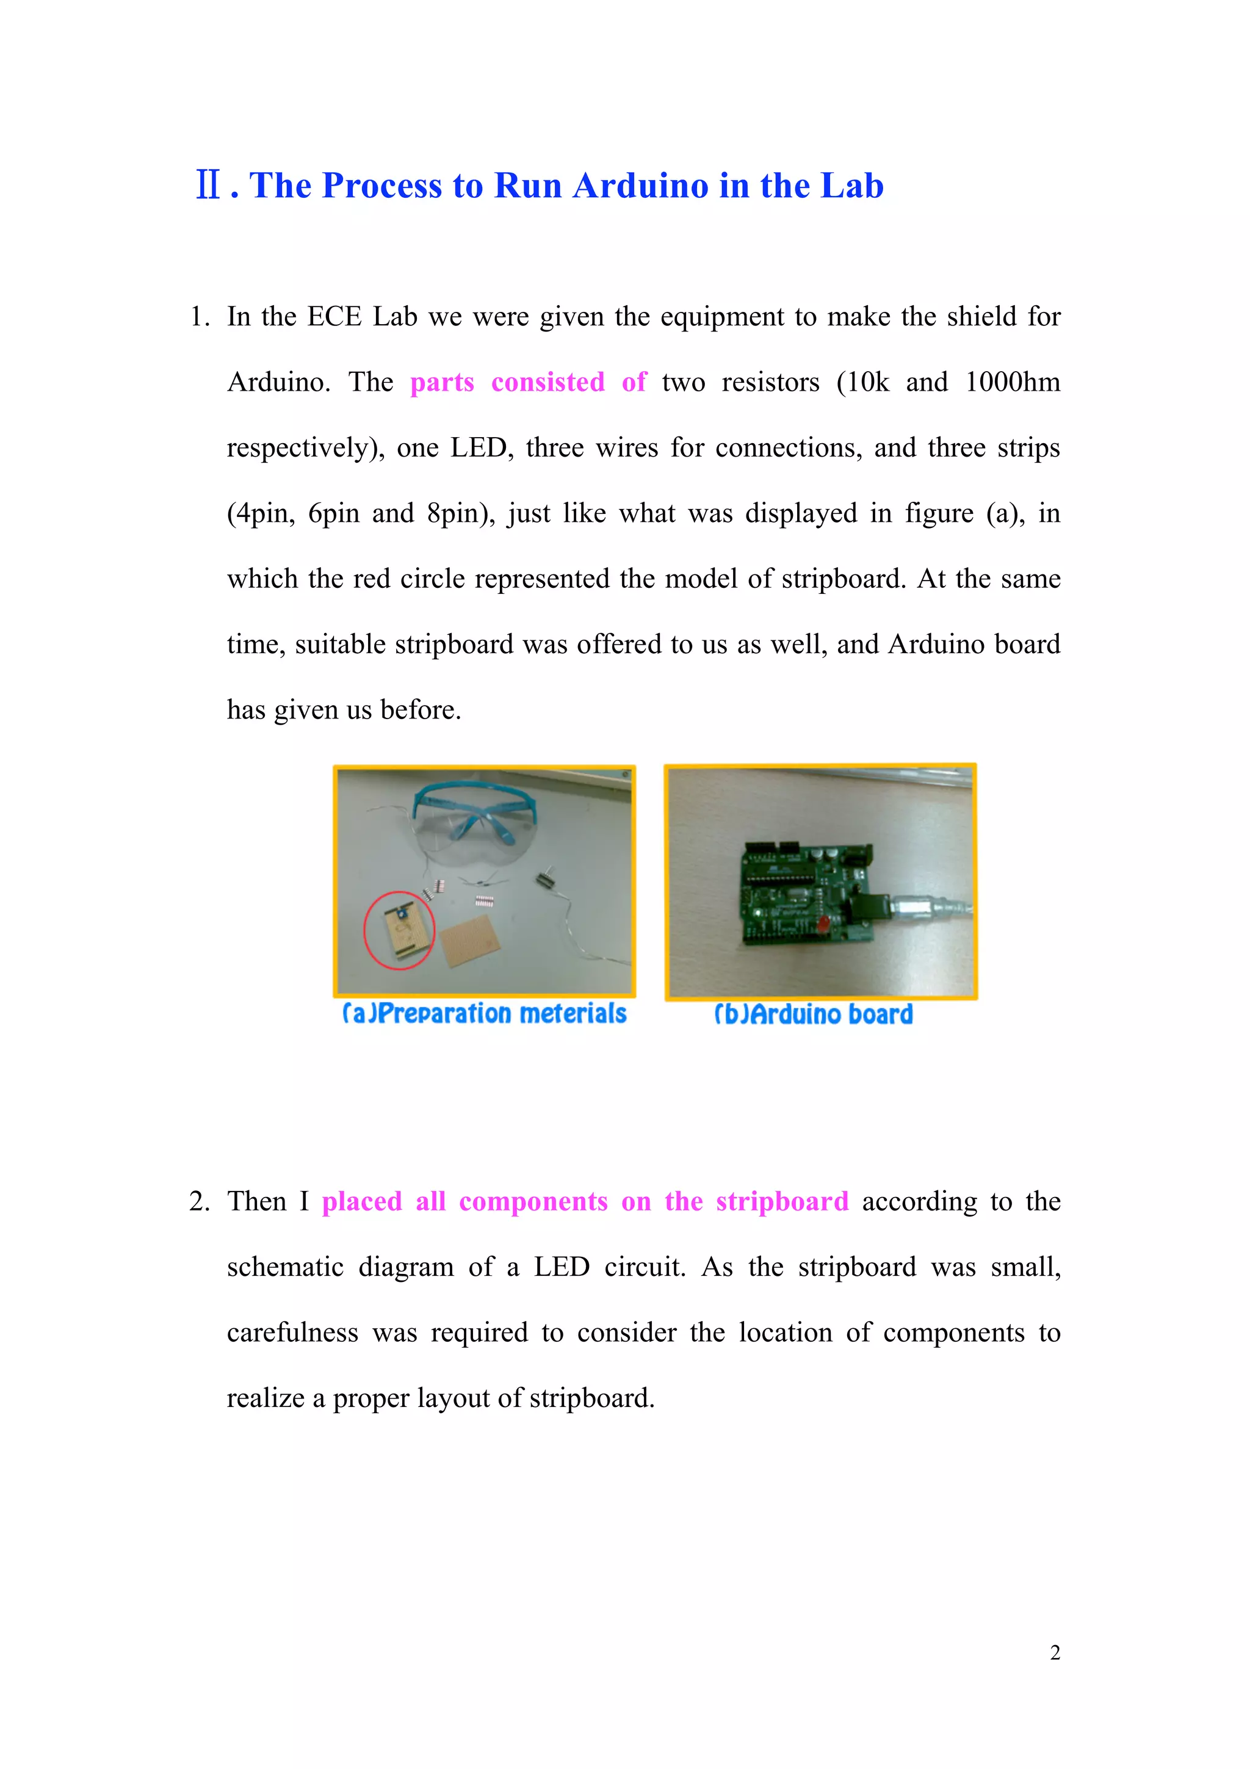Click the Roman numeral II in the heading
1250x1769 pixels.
click(x=208, y=186)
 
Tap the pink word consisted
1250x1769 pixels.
click(x=547, y=382)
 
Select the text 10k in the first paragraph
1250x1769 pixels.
click(x=867, y=382)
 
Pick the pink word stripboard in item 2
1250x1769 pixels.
click(x=782, y=1201)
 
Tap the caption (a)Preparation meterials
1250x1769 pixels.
click(x=485, y=1013)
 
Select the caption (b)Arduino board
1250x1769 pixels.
click(x=814, y=1014)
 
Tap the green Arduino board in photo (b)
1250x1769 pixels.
click(x=801, y=894)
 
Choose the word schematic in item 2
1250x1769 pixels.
click(x=285, y=1267)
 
